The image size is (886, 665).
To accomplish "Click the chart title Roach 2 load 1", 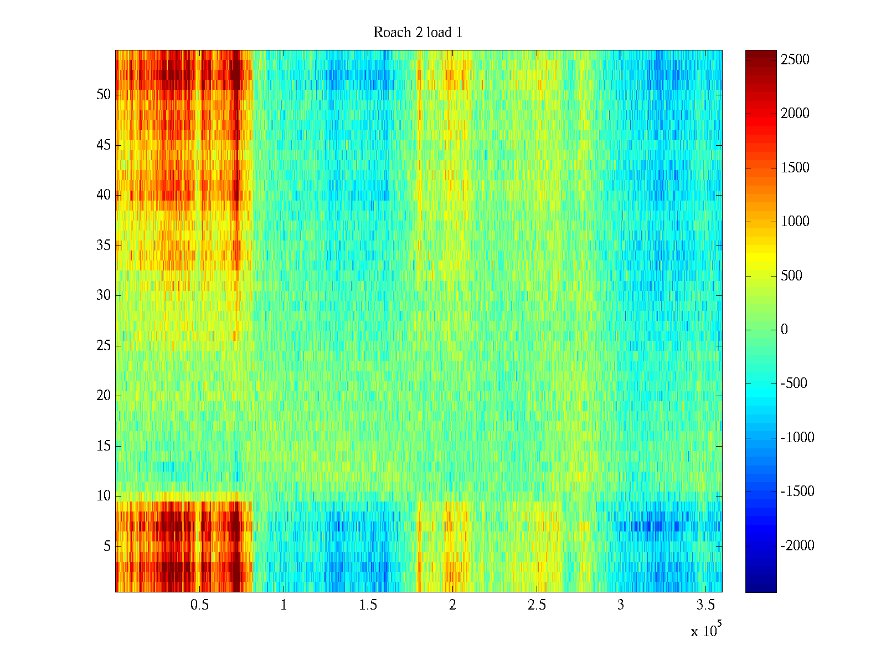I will (x=418, y=33).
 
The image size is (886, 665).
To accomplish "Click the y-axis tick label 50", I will (x=104, y=95).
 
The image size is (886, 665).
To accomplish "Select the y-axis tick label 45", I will (x=104, y=145).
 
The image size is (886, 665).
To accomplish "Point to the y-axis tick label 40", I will (x=104, y=195).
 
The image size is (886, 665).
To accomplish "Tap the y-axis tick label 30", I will (x=104, y=295).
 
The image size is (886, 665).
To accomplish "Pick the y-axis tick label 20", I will (x=104, y=396).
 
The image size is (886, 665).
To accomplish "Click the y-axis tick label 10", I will (x=104, y=496).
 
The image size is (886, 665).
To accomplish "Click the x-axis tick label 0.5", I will (x=199, y=605).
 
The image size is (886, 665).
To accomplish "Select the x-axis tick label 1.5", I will (x=368, y=605).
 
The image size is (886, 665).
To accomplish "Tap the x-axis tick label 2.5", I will (x=537, y=605).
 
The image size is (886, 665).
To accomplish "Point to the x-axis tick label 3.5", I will (x=705, y=605).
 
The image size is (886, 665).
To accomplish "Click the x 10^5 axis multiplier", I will (x=705, y=631).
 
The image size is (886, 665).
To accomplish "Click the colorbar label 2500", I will (x=795, y=60).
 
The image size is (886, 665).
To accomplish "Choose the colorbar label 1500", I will (x=795, y=168).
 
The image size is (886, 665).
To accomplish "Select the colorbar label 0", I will (x=784, y=330).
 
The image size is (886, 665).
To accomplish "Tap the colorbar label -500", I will (x=794, y=383).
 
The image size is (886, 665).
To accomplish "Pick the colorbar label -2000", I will (x=797, y=546).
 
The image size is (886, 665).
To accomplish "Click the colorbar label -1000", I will (x=797, y=438).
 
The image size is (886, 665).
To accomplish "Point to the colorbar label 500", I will (x=791, y=276).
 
